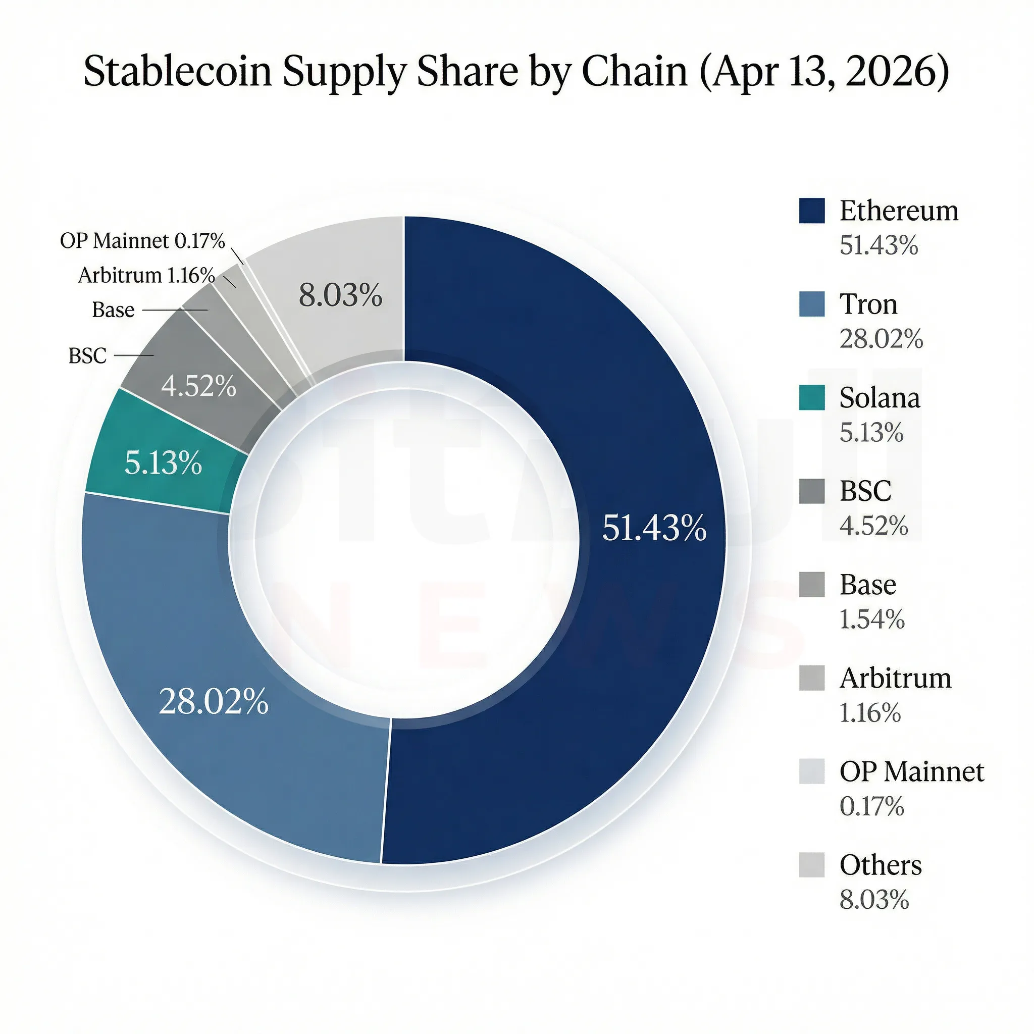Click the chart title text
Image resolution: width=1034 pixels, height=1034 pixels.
(516, 71)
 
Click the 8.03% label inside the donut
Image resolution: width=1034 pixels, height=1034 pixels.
(340, 295)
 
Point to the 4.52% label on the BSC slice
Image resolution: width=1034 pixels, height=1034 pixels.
(198, 385)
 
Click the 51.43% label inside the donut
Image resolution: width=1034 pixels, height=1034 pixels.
(654, 528)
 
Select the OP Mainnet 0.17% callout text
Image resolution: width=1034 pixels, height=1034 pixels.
(142, 241)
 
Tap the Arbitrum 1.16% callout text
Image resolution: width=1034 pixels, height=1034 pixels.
(146, 275)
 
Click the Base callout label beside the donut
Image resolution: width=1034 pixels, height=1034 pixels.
(113, 310)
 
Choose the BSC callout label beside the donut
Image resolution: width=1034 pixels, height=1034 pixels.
(87, 356)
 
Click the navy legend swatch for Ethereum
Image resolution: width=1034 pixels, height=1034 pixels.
(811, 211)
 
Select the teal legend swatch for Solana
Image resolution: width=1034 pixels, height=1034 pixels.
(811, 398)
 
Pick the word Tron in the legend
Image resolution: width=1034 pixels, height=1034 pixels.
(868, 304)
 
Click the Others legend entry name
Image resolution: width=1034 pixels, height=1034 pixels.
(881, 865)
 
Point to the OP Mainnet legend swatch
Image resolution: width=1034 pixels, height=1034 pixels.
(811, 771)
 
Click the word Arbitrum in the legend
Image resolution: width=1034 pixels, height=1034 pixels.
(895, 678)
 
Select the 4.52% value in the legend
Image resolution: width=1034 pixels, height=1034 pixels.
(873, 526)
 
